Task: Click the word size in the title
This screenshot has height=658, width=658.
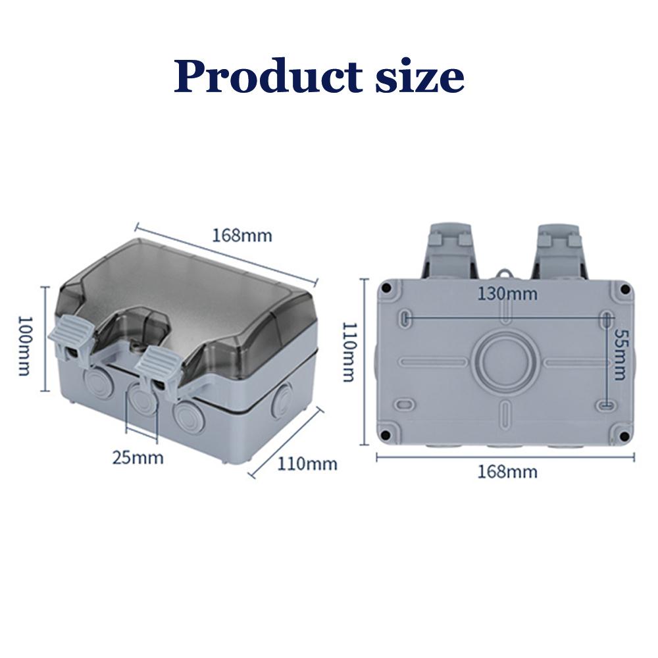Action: coord(416,77)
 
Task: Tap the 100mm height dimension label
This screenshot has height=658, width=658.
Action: coord(24,345)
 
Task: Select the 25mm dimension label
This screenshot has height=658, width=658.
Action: coord(138,457)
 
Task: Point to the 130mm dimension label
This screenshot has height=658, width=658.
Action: coord(507,293)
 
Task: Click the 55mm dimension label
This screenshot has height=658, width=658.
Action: coord(620,355)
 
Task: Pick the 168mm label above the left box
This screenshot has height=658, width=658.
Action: coord(241,235)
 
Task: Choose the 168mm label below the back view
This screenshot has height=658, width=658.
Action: coord(507,471)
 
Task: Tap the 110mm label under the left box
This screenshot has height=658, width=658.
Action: coord(307,464)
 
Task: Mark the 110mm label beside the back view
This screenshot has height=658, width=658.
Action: coord(349,353)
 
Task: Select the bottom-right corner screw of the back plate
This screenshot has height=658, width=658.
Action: coord(620,432)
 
